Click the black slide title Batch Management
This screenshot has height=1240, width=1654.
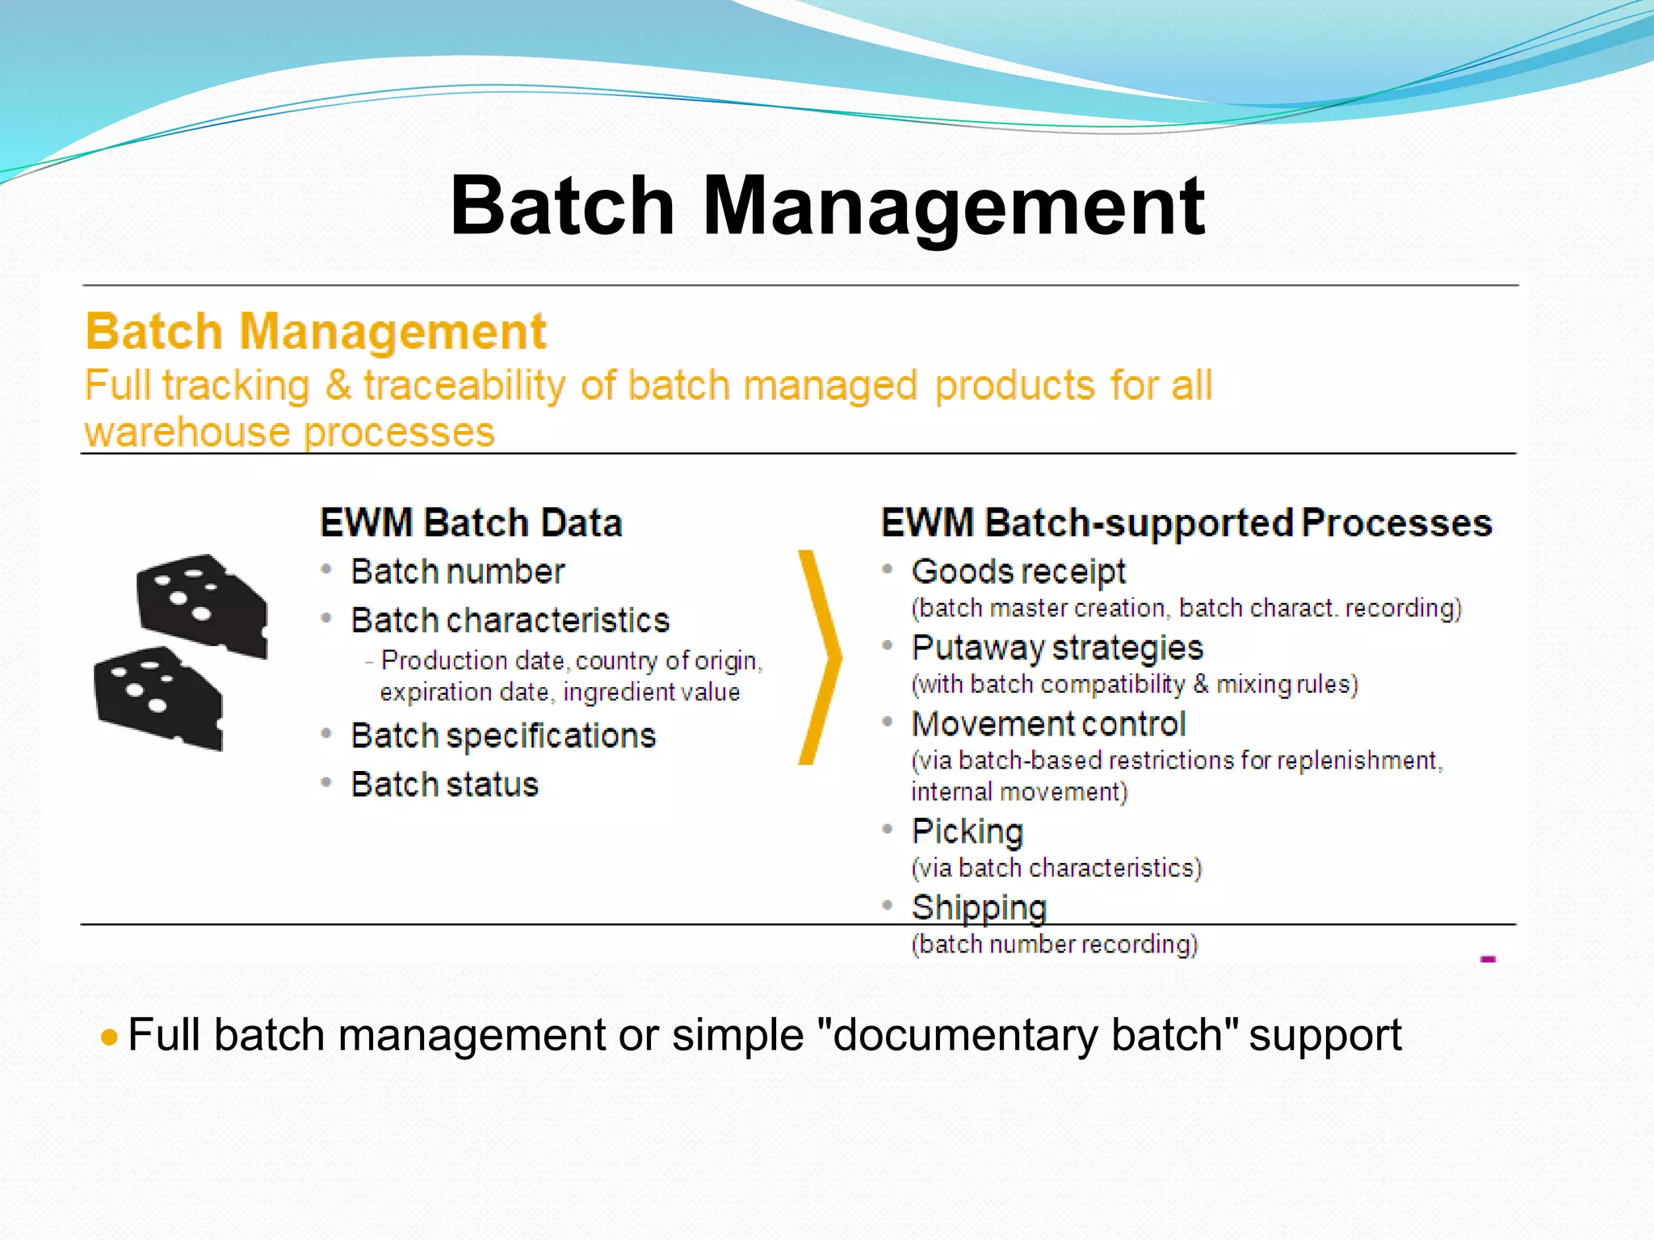[827, 206]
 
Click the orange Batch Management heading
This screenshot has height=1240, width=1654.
[316, 332]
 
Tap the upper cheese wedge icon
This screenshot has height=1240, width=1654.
[202, 604]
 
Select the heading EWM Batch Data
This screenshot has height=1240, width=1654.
[471, 522]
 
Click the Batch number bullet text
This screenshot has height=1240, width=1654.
[457, 572]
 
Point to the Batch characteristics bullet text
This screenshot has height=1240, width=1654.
[510, 620]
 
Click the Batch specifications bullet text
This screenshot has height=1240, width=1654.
[503, 735]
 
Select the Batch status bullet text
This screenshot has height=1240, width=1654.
[444, 785]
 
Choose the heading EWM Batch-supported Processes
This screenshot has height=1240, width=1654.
[1186, 522]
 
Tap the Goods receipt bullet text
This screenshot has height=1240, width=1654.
[1018, 572]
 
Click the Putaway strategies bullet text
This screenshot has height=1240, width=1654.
[1056, 647]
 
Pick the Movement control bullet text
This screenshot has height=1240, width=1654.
[1047, 724]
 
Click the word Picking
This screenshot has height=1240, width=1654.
[967, 832]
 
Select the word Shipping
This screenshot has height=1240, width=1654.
[978, 907]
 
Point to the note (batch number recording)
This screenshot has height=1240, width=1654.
[1054, 944]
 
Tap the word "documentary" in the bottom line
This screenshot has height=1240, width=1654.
[959, 1035]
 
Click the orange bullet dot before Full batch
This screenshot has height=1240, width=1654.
[110, 1037]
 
